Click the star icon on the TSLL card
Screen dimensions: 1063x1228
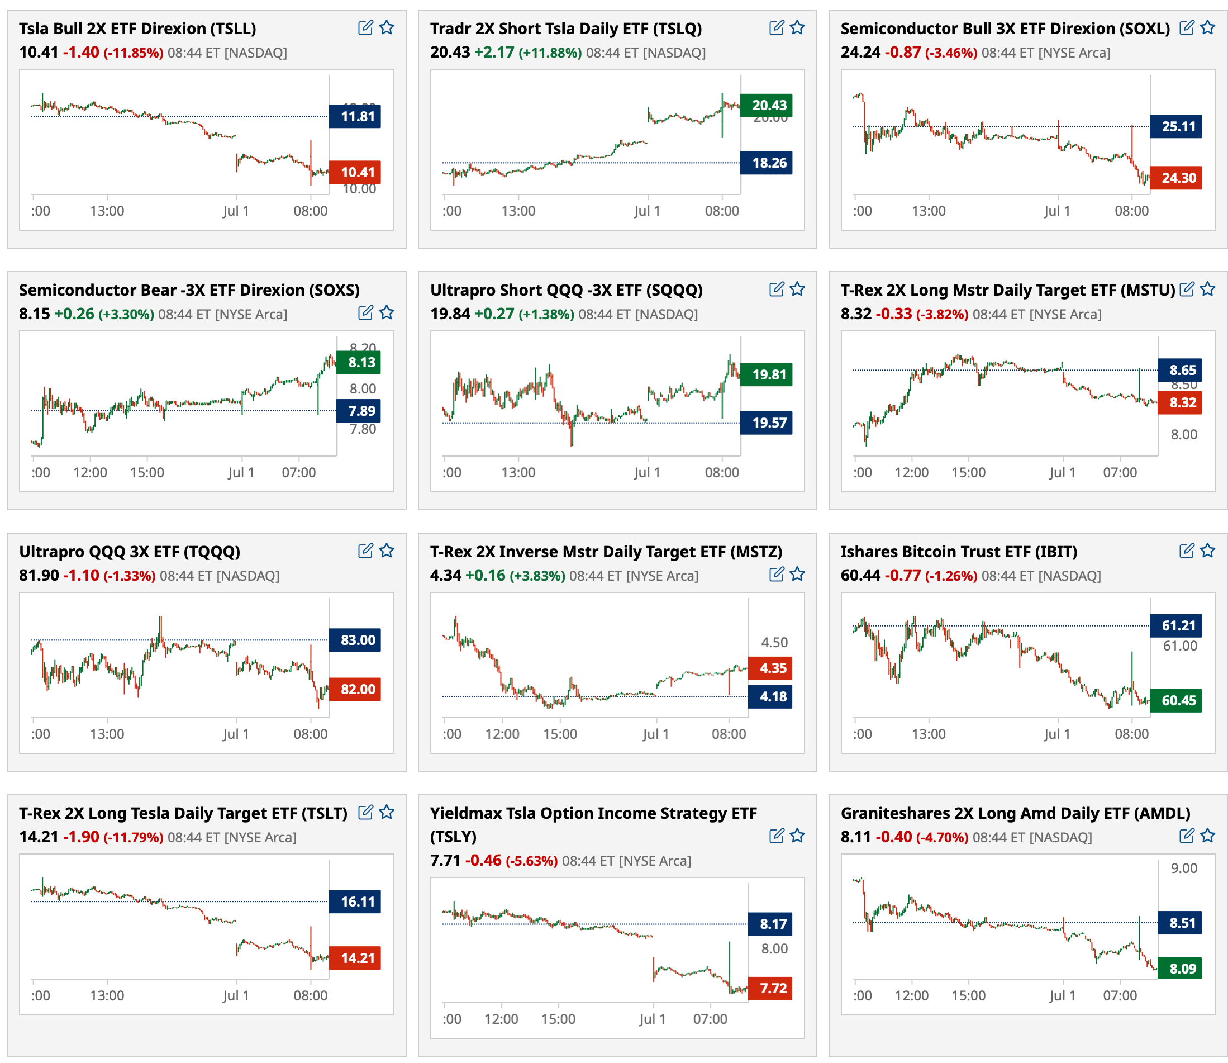pos(387,27)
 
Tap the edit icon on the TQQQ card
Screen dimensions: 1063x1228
pos(366,551)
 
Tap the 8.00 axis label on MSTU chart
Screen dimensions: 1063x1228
pos(1183,435)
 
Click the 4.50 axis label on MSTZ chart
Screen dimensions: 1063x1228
pos(774,642)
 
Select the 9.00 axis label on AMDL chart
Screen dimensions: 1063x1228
pos(1183,869)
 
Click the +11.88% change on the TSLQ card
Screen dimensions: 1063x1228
pos(550,53)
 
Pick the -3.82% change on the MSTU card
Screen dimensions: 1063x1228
pos(941,315)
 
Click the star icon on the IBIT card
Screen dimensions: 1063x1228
pos(1207,551)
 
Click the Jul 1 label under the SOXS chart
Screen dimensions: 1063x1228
pos(241,473)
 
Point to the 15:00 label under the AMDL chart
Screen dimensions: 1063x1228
pos(968,995)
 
